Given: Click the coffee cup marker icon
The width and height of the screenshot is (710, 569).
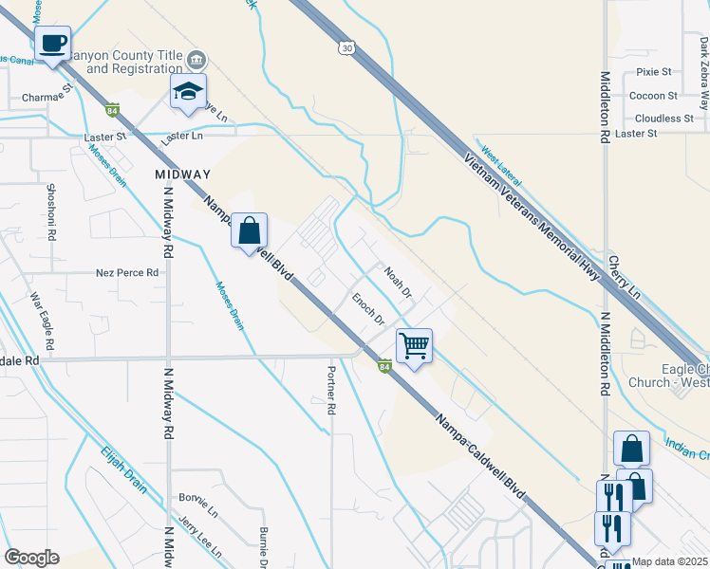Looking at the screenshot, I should (x=53, y=44).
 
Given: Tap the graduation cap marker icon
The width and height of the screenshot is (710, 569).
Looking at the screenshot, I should (x=188, y=93).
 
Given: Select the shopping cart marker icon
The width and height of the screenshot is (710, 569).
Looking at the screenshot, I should (x=414, y=346).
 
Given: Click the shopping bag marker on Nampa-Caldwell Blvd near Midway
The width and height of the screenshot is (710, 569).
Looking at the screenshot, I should (x=249, y=230).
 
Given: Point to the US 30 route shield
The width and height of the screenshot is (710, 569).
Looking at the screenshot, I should (x=345, y=47).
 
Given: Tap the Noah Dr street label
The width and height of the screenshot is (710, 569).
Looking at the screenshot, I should (x=399, y=282).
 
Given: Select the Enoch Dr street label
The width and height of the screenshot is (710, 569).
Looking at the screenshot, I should (x=368, y=310).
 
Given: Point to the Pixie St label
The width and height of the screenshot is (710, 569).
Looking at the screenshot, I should (x=654, y=72).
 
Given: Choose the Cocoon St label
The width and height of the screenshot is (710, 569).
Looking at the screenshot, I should (x=653, y=96).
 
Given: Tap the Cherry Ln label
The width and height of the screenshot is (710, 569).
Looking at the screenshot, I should (x=626, y=276).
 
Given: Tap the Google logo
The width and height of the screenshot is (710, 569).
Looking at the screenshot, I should (x=31, y=558).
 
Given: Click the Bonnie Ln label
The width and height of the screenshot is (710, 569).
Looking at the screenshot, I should (x=196, y=499).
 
